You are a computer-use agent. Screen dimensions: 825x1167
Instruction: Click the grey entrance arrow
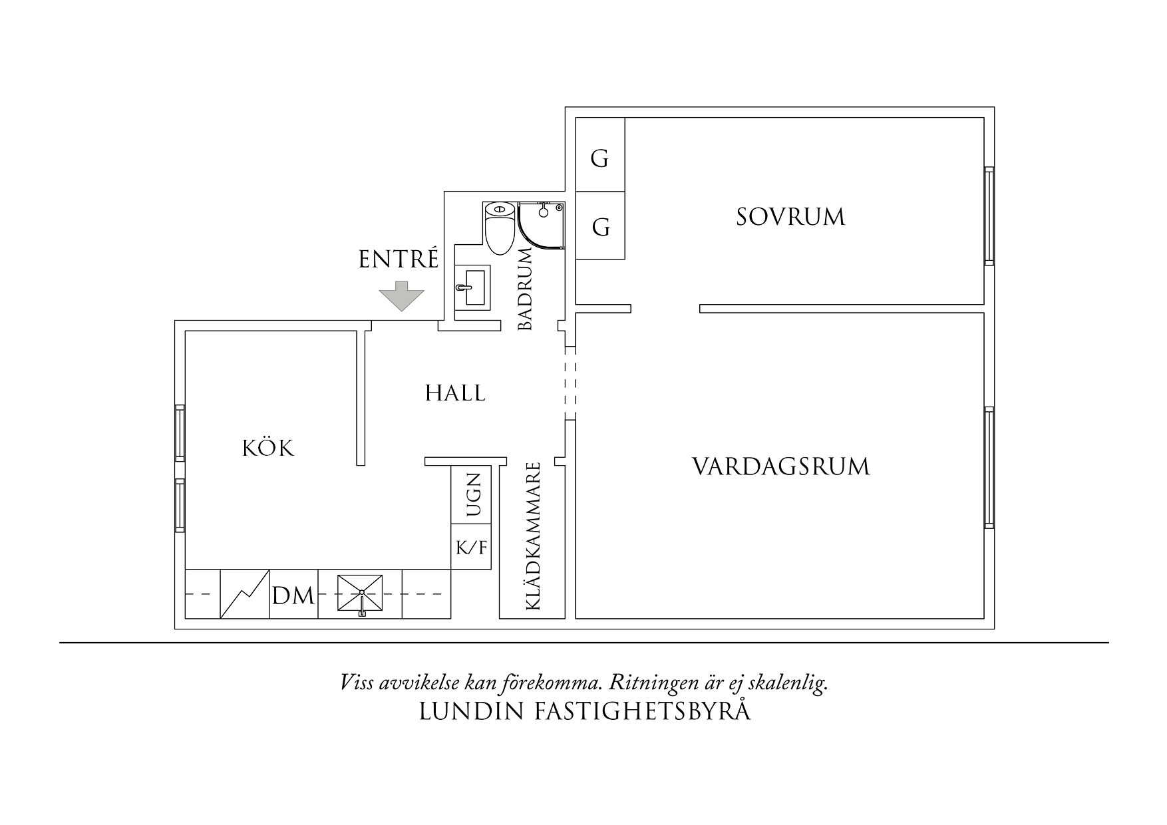tap(401, 296)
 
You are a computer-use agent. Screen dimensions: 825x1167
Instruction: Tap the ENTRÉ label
tap(399, 259)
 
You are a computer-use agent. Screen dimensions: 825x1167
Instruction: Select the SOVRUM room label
tap(790, 217)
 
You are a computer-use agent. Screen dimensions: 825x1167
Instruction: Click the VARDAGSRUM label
tap(781, 466)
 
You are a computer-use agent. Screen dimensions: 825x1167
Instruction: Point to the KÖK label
tap(267, 448)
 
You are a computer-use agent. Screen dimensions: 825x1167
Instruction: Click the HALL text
tap(455, 393)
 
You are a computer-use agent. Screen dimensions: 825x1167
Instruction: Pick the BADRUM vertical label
tap(526, 289)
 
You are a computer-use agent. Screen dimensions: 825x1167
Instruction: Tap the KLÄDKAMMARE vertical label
tap(532, 536)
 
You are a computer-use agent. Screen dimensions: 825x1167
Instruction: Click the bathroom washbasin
tap(472, 287)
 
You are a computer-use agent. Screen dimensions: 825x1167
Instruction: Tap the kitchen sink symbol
tap(361, 593)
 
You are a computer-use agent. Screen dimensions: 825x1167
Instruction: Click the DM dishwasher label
tap(293, 596)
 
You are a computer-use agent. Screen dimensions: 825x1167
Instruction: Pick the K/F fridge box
tap(472, 548)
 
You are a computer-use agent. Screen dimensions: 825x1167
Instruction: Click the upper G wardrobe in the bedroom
tap(599, 159)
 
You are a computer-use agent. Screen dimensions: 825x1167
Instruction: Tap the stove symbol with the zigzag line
tap(244, 594)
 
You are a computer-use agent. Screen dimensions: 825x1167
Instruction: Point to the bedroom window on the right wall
tap(989, 216)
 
